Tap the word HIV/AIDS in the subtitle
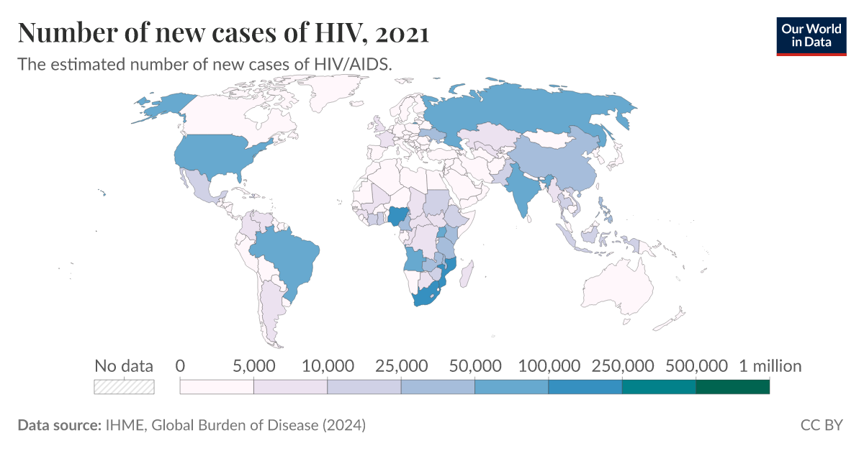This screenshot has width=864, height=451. pos(354,64)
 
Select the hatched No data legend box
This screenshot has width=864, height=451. pos(125,387)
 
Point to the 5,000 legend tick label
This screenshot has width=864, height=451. pos(253,366)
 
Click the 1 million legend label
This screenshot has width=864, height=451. pos(770,366)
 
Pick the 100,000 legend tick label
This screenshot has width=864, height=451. pos(548,366)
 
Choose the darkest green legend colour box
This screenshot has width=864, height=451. pos(733,387)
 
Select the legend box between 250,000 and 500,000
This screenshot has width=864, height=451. pos(659,387)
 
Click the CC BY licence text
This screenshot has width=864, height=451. pos(822,425)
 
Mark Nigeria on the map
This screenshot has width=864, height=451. pos(397,217)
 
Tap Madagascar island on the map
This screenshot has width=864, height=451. pos(467,274)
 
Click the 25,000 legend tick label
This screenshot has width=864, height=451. pos(401,366)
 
